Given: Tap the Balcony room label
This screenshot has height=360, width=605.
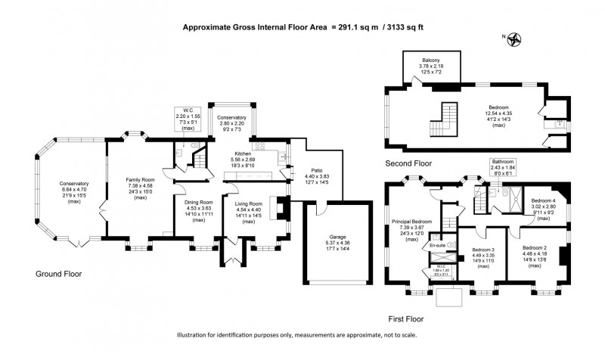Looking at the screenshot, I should click(430, 60).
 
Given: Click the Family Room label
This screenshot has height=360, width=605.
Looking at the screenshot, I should click(140, 179).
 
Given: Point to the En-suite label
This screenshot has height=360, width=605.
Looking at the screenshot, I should click(437, 246).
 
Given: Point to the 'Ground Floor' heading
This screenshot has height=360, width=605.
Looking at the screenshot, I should click(57, 274).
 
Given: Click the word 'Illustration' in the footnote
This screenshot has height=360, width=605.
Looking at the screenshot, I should click(195, 335).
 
